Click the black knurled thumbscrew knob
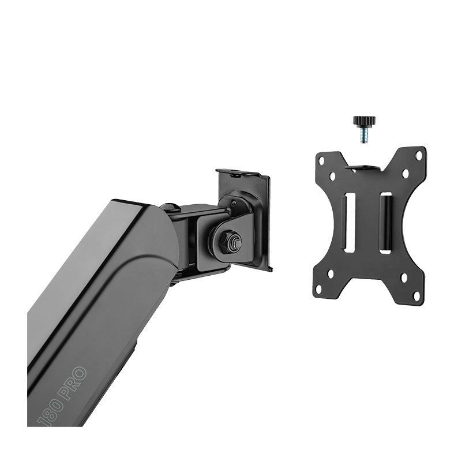(x=364, y=121)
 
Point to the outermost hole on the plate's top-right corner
(x=419, y=155)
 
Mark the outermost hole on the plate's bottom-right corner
(x=417, y=295)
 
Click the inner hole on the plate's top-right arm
(x=405, y=173)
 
